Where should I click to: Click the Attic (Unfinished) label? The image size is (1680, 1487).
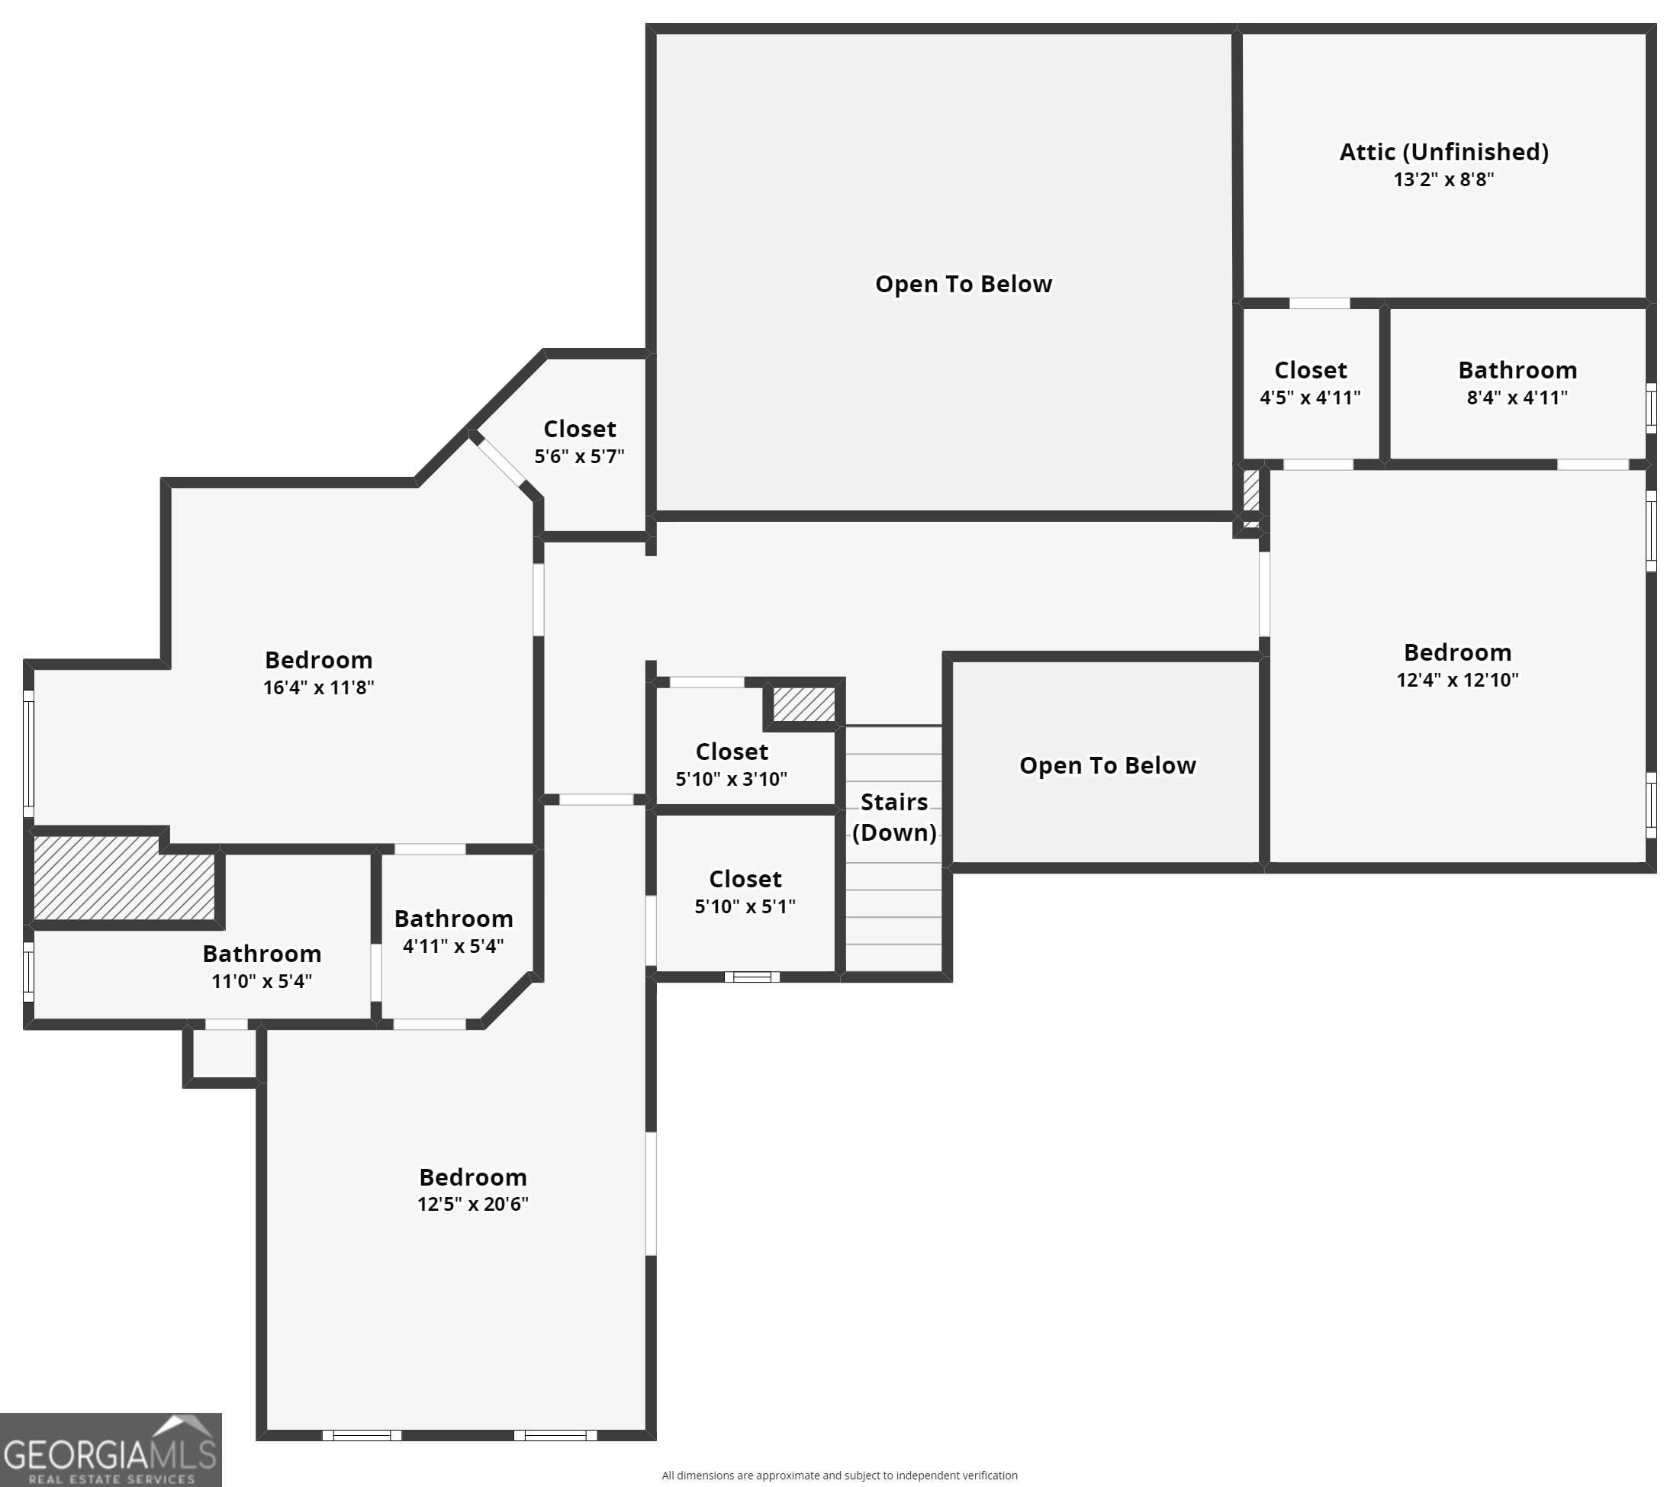tap(1443, 152)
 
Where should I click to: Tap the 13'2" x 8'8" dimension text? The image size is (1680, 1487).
tap(1443, 179)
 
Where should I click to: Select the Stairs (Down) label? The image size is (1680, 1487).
tap(894, 817)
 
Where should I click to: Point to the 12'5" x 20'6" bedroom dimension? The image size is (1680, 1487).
tap(472, 1204)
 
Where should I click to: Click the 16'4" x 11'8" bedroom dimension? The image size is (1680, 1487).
tap(318, 687)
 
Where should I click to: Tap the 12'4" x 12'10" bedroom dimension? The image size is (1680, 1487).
tap(1457, 680)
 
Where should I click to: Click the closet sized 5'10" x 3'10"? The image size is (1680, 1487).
tap(732, 764)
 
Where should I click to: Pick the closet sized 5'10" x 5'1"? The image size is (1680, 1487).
tap(745, 892)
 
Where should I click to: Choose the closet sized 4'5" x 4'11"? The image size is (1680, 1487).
tap(1310, 383)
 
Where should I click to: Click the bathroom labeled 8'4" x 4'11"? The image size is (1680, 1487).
tap(1517, 383)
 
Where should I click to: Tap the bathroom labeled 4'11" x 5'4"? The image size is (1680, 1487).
tap(454, 932)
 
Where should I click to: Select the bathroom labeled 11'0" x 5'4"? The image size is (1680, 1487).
tap(262, 967)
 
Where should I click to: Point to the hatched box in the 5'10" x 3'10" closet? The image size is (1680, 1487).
tap(804, 704)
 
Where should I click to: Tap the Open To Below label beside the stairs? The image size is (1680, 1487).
tap(1107, 765)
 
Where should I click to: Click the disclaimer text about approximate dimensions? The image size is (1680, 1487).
tap(839, 1476)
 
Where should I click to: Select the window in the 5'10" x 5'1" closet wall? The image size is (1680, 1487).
tap(752, 977)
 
